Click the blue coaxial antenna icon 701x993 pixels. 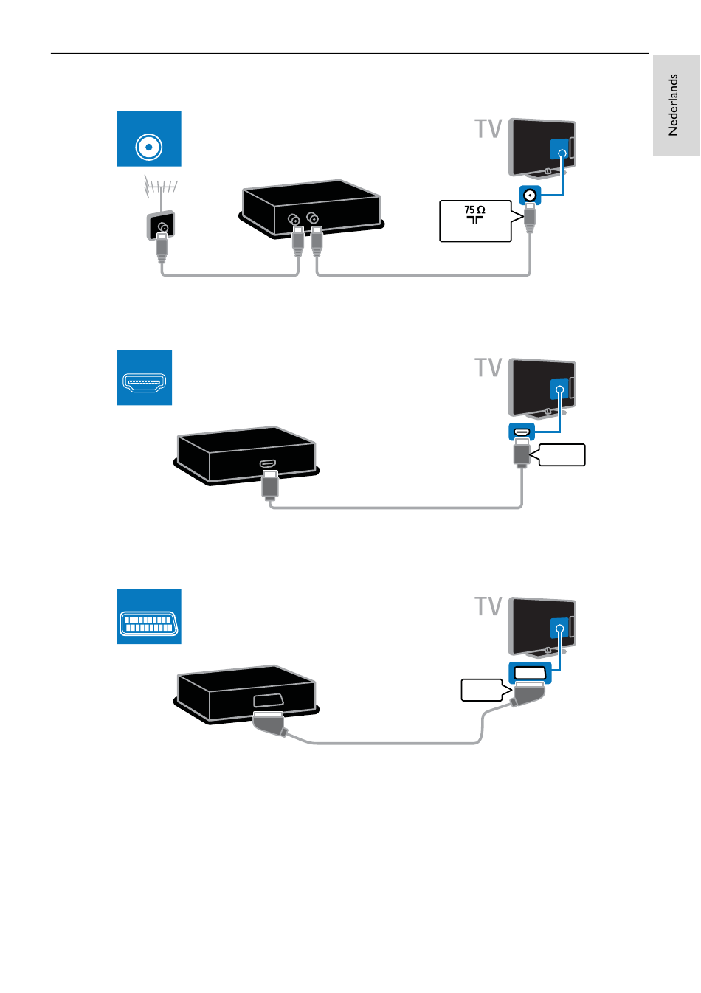pyautogui.click(x=148, y=139)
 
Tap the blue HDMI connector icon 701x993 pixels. pyautogui.click(x=144, y=377)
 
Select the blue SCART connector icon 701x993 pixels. pyautogui.click(x=148, y=616)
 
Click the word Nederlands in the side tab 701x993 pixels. pyautogui.click(x=673, y=105)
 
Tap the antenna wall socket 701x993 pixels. pyautogui.click(x=161, y=225)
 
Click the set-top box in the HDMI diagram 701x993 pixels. pyautogui.click(x=246, y=455)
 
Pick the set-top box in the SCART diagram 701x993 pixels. pyautogui.click(x=246, y=694)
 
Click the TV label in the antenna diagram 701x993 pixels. pyautogui.click(x=488, y=128)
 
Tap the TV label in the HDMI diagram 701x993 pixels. pyautogui.click(x=488, y=367)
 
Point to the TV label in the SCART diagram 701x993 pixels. pyautogui.click(x=488, y=606)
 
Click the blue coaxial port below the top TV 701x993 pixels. pyautogui.click(x=530, y=195)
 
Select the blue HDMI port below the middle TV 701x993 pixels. pyautogui.click(x=522, y=432)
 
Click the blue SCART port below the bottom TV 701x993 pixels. pyautogui.click(x=530, y=673)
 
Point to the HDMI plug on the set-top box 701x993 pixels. pyautogui.click(x=270, y=485)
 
